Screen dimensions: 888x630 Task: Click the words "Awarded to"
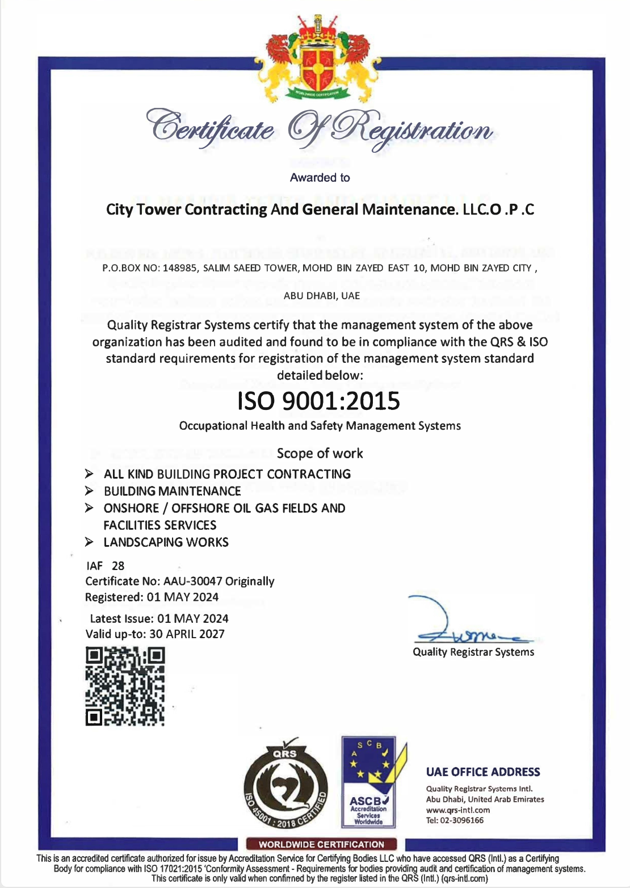pyautogui.click(x=320, y=178)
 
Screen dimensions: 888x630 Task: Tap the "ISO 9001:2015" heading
pyautogui.click(x=319, y=401)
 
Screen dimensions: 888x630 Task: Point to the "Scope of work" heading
pyautogui.click(x=320, y=453)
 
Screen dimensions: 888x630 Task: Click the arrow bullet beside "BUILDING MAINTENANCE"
pyautogui.click(x=89, y=491)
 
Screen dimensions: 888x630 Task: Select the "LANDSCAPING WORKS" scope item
pyautogui.click(x=166, y=542)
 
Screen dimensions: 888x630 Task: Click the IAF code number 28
pyautogui.click(x=118, y=566)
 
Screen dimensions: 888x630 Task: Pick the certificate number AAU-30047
pyautogui.click(x=192, y=581)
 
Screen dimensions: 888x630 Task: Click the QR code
pyautogui.click(x=125, y=686)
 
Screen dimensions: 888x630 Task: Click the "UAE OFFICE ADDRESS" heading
pyautogui.click(x=483, y=772)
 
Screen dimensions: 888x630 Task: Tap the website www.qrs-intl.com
pyautogui.click(x=458, y=810)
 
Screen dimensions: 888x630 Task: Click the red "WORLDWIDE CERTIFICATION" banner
pyautogui.click(x=321, y=844)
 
